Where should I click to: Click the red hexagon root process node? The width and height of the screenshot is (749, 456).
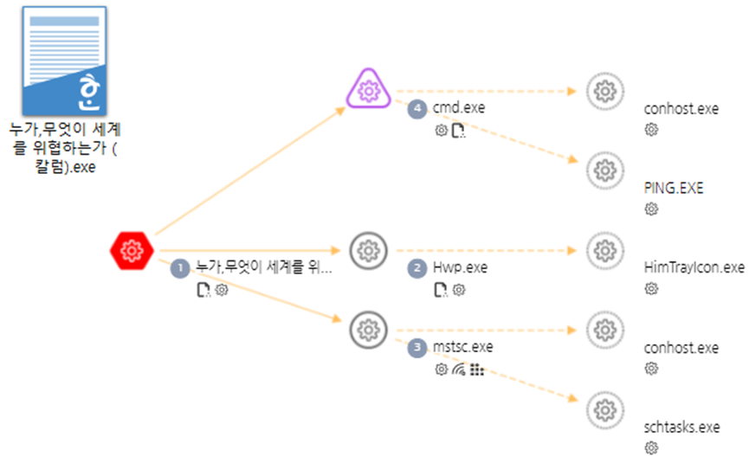point(132,250)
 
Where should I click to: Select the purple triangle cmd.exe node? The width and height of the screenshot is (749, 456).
point(369,88)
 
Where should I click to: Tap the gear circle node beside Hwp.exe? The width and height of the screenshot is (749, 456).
point(369,250)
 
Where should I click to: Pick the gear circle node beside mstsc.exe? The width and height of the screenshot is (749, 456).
point(369,330)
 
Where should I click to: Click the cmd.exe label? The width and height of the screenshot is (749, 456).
point(459,108)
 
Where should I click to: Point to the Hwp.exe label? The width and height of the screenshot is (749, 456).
point(460,268)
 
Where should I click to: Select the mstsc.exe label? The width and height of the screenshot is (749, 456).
point(462,348)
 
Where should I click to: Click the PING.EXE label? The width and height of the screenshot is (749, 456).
point(674,188)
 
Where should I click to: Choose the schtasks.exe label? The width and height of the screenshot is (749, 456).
point(682,427)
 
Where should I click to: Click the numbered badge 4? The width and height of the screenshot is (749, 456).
point(419,108)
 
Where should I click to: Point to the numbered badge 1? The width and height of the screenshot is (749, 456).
point(180,268)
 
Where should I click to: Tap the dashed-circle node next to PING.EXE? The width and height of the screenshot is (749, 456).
point(604,170)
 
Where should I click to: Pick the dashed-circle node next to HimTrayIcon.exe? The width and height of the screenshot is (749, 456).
point(604,250)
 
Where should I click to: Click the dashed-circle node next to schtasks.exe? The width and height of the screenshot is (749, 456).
point(604,409)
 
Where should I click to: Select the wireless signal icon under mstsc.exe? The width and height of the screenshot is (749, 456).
point(459,369)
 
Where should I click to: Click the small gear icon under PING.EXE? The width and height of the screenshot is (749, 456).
point(651,209)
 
